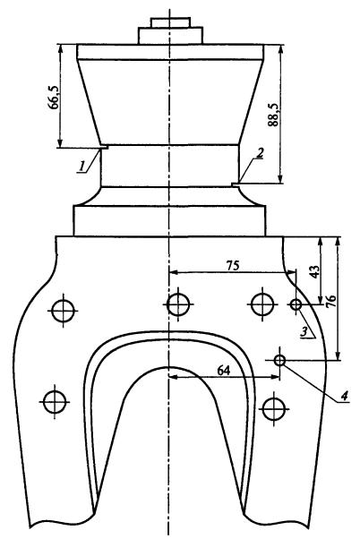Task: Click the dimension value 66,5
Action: (54, 98)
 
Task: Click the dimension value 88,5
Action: (273, 115)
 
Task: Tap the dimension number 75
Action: (233, 265)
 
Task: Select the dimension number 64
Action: (224, 371)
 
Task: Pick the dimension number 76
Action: (330, 302)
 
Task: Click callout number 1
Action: (81, 167)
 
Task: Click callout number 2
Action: (261, 153)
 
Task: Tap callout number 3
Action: (304, 331)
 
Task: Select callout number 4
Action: (344, 396)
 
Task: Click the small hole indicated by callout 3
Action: (296, 304)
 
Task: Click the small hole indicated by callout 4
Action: (280, 361)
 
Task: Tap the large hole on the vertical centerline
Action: (178, 304)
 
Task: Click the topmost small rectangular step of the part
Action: (171, 22)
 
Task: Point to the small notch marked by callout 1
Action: (105, 147)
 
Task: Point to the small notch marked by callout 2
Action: (236, 184)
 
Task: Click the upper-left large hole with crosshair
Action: (63, 311)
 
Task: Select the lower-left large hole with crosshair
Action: (55, 402)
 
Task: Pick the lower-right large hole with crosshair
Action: (274, 409)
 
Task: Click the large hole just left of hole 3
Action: (262, 304)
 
